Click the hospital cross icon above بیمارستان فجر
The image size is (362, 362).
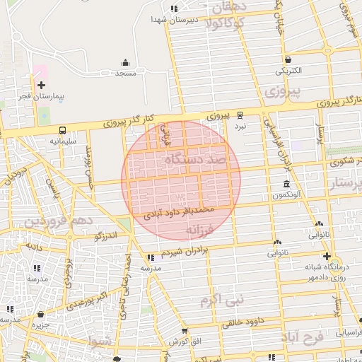coord(41,85)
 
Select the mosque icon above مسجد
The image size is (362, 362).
coord(126,63)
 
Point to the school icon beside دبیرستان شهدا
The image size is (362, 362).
coord(174,9)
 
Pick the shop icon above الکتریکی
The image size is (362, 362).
coord(288,60)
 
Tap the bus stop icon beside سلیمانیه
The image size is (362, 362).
coord(63,130)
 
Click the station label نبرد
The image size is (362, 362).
coord(240,125)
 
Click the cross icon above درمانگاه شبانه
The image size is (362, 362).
coord(326,257)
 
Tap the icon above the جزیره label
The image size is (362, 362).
coord(40,314)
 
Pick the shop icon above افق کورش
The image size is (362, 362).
coord(184,331)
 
